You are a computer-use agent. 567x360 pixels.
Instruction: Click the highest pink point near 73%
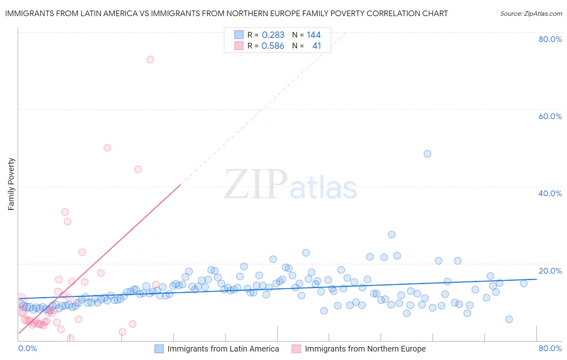pyautogui.click(x=150, y=59)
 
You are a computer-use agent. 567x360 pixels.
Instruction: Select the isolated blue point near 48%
pyautogui.click(x=427, y=154)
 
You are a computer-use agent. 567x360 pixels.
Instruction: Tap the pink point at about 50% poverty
pyautogui.click(x=107, y=148)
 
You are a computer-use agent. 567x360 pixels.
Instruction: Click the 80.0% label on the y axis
pyautogui.click(x=550, y=39)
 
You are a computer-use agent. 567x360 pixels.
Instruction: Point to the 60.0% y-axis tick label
pyautogui.click(x=550, y=116)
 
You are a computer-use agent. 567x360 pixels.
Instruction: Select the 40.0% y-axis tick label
pyautogui.click(x=550, y=193)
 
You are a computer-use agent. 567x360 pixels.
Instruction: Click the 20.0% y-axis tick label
pyautogui.click(x=550, y=271)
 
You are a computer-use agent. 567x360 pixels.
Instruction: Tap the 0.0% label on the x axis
pyautogui.click(x=27, y=348)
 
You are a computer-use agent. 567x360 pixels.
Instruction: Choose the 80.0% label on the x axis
pyautogui.click(x=550, y=348)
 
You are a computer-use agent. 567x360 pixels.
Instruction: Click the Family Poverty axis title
pyautogui.click(x=11, y=184)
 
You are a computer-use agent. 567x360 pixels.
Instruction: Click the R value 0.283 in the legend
pyautogui.click(x=273, y=35)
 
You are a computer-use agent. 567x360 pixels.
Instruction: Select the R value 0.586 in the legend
pyautogui.click(x=273, y=46)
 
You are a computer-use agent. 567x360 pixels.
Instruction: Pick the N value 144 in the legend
pyautogui.click(x=313, y=35)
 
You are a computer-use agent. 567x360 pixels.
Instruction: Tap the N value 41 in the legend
pyautogui.click(x=317, y=46)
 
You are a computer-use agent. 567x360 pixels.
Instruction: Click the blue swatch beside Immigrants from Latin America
pyautogui.click(x=159, y=349)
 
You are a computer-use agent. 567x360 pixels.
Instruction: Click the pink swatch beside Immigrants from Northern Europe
pyautogui.click(x=296, y=349)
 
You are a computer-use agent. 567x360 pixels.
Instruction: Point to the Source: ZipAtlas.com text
pyautogui.click(x=531, y=14)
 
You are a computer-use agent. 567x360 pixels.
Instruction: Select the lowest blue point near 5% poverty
pyautogui.click(x=509, y=319)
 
